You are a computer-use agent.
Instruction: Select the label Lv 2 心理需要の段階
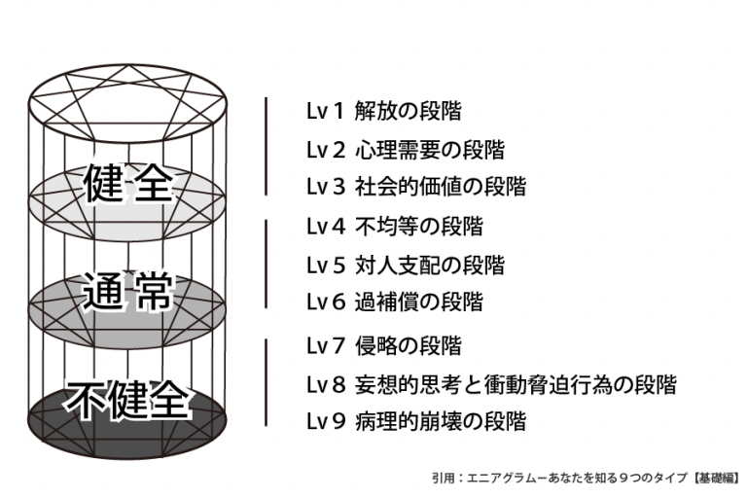[405, 150]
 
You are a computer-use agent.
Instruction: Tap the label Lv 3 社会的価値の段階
[415, 187]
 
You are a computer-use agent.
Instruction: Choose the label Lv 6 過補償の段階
[394, 302]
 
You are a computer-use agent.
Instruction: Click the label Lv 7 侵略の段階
[383, 345]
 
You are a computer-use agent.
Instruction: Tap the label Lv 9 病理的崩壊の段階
[415, 421]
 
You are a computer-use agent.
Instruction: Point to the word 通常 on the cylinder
[127, 291]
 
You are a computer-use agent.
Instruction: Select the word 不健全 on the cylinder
[127, 400]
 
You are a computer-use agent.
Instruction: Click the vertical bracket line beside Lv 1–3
[267, 146]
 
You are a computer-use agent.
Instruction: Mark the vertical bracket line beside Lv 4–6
[267, 264]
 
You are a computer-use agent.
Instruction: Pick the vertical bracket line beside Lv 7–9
[267, 382]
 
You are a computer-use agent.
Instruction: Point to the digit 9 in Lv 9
[338, 422]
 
